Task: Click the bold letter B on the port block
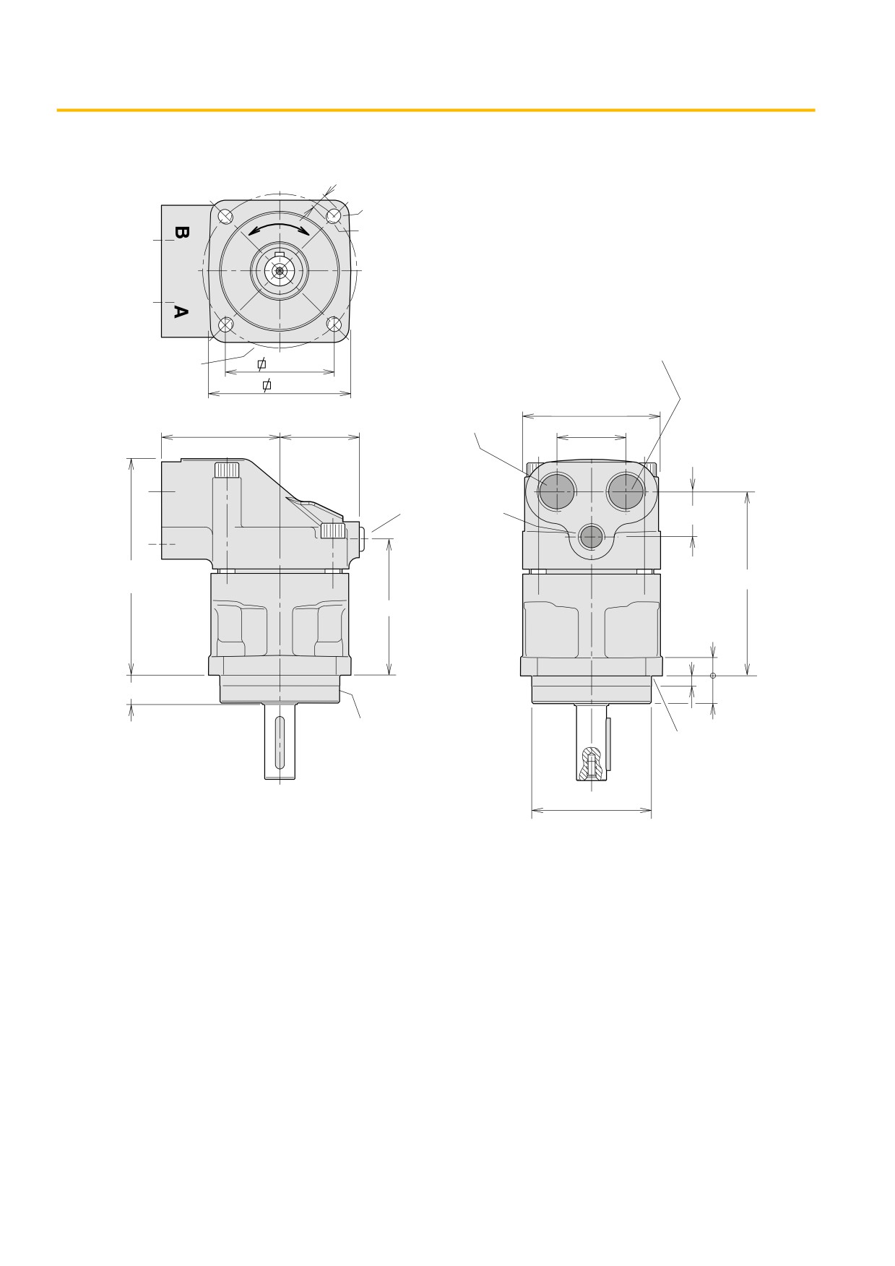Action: [181, 233]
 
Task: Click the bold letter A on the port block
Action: [181, 311]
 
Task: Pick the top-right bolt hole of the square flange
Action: [334, 216]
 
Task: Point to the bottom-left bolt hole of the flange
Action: [225, 325]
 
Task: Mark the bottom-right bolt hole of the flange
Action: [334, 325]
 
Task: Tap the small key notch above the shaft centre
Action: [280, 253]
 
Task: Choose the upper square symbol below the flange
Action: [261, 363]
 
